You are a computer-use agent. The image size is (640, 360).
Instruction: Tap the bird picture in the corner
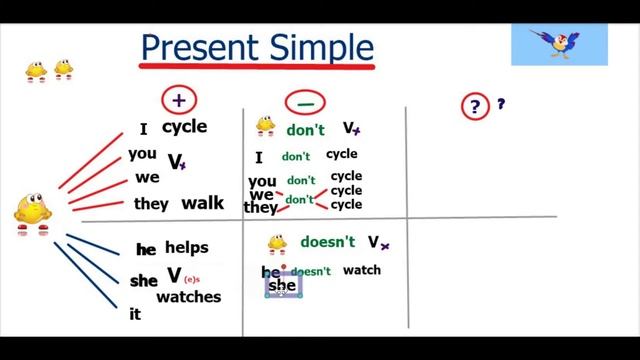point(559,44)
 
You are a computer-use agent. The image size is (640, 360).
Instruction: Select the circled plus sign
point(180,99)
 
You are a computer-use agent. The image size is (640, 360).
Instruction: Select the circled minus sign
point(301,101)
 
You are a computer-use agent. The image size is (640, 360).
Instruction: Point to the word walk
point(202,203)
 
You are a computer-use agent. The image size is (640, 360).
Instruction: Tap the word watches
point(188,297)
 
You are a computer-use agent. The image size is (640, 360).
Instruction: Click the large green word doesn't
point(328,242)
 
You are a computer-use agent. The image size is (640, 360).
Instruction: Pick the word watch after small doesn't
point(361,270)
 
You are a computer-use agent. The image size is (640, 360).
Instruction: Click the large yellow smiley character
point(31,211)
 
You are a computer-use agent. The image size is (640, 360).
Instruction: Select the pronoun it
point(135,314)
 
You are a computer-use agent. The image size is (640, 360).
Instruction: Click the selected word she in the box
point(283,286)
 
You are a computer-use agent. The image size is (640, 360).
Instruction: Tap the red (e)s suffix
point(192,280)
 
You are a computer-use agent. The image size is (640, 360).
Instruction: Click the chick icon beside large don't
point(265,126)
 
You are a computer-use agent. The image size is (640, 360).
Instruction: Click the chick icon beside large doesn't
point(278,243)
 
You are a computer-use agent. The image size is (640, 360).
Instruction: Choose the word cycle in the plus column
point(185,127)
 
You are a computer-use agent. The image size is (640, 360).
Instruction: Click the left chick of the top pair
point(36,70)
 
